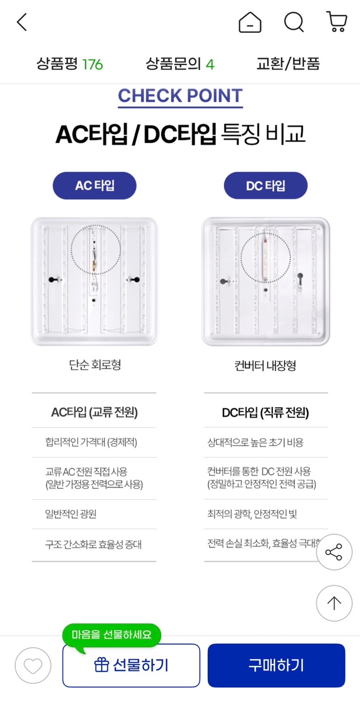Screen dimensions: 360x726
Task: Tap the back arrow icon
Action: tap(22, 22)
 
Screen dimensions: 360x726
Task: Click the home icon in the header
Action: tap(250, 22)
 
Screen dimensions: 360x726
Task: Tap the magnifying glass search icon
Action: tap(294, 22)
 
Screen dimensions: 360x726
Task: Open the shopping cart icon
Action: tap(337, 22)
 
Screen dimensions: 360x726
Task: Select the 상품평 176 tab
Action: tap(70, 64)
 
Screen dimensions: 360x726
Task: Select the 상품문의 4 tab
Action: tap(180, 64)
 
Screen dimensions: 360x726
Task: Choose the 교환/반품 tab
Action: tap(288, 64)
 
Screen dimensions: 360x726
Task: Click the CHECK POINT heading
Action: tap(180, 96)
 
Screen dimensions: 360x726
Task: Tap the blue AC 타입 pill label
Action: tap(95, 186)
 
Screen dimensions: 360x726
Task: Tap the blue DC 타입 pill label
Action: tap(266, 186)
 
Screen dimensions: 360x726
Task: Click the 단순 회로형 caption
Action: tap(95, 365)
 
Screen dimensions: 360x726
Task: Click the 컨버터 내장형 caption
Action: tap(265, 366)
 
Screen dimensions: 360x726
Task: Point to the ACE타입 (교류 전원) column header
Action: tap(94, 412)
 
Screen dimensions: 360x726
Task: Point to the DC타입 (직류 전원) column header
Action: tap(265, 412)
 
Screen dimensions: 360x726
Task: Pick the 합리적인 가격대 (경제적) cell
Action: tap(91, 443)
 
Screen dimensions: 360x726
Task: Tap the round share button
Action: tap(334, 552)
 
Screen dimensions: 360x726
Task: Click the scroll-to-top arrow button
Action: tap(334, 603)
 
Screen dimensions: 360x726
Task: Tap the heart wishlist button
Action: tap(33, 665)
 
